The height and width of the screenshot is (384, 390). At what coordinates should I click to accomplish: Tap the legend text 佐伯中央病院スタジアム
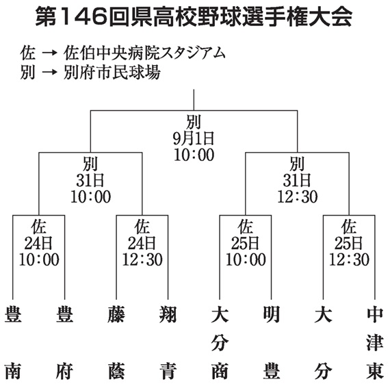tap(144, 53)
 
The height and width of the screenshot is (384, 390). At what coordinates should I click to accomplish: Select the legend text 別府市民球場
tap(112, 73)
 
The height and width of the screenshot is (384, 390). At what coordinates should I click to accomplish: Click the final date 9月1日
tap(194, 138)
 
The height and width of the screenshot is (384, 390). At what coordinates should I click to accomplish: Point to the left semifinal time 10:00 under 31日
tap(90, 197)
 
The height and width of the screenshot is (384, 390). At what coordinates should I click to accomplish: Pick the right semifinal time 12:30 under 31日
tap(298, 197)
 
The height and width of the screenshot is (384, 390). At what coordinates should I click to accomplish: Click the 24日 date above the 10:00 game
tap(38, 243)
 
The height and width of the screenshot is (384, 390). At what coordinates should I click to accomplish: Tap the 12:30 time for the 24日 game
tap(142, 259)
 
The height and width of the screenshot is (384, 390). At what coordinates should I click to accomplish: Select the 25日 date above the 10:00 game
tap(246, 243)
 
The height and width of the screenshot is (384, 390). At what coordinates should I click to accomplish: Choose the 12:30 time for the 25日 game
tap(349, 259)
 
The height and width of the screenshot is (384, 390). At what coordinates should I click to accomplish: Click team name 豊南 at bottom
tap(13, 343)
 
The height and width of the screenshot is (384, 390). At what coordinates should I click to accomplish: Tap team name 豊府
tap(64, 343)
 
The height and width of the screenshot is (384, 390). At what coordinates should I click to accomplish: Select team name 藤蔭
tap(116, 343)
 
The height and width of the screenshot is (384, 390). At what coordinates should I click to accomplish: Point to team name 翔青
tap(168, 343)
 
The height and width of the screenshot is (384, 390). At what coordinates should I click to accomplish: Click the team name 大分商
tap(220, 343)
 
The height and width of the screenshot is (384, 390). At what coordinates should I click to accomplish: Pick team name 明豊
tap(272, 343)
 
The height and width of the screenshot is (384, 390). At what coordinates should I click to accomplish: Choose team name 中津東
tap(375, 343)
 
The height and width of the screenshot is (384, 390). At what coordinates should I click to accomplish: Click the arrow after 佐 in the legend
tap(49, 53)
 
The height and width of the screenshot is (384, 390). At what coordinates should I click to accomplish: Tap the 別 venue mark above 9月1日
tap(194, 122)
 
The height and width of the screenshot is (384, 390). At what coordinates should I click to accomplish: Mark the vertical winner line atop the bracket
tap(194, 100)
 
